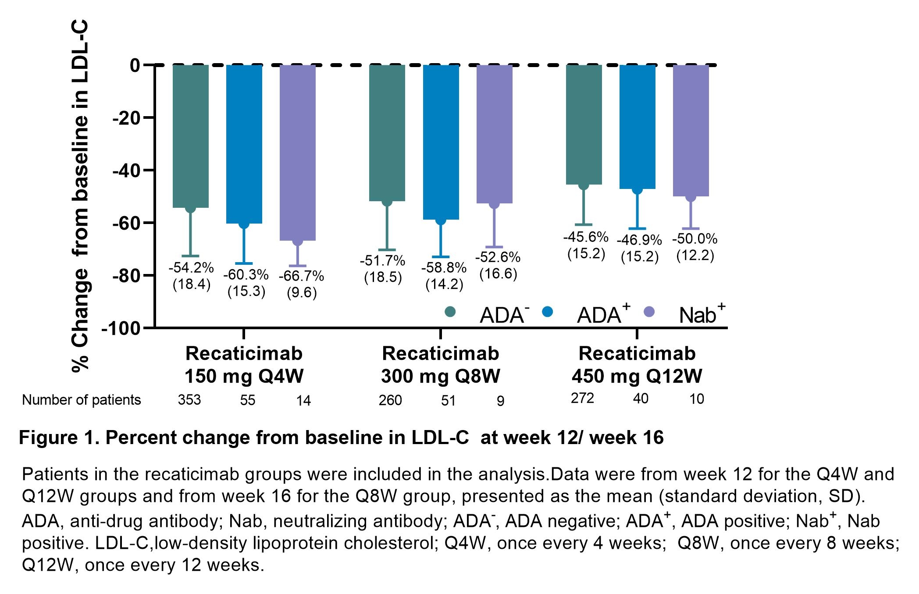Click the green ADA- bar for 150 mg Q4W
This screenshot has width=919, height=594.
pyautogui.click(x=190, y=136)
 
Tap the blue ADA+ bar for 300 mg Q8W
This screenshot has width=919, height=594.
pyautogui.click(x=441, y=142)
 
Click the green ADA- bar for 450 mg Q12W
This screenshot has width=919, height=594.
pyautogui.click(x=584, y=124)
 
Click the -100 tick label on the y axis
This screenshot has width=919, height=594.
pyautogui.click(x=121, y=328)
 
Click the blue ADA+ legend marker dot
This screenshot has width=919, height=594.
pyautogui.click(x=547, y=312)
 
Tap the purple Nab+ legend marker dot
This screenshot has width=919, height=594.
pyautogui.click(x=649, y=312)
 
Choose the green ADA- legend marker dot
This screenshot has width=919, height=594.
pyautogui.click(x=450, y=312)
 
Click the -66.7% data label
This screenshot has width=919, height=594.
pyautogui.click(x=301, y=276)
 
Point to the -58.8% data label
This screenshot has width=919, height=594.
pyautogui.click(x=444, y=267)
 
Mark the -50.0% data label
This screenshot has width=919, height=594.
pyautogui.click(x=695, y=239)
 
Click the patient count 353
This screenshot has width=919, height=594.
pyautogui.click(x=189, y=400)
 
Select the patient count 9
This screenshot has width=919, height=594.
pyautogui.click(x=501, y=401)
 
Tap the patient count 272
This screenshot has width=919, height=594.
pyautogui.click(x=582, y=398)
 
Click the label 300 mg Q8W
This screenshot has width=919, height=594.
pyautogui.click(x=440, y=376)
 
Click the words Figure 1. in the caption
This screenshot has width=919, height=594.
pyautogui.click(x=59, y=438)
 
